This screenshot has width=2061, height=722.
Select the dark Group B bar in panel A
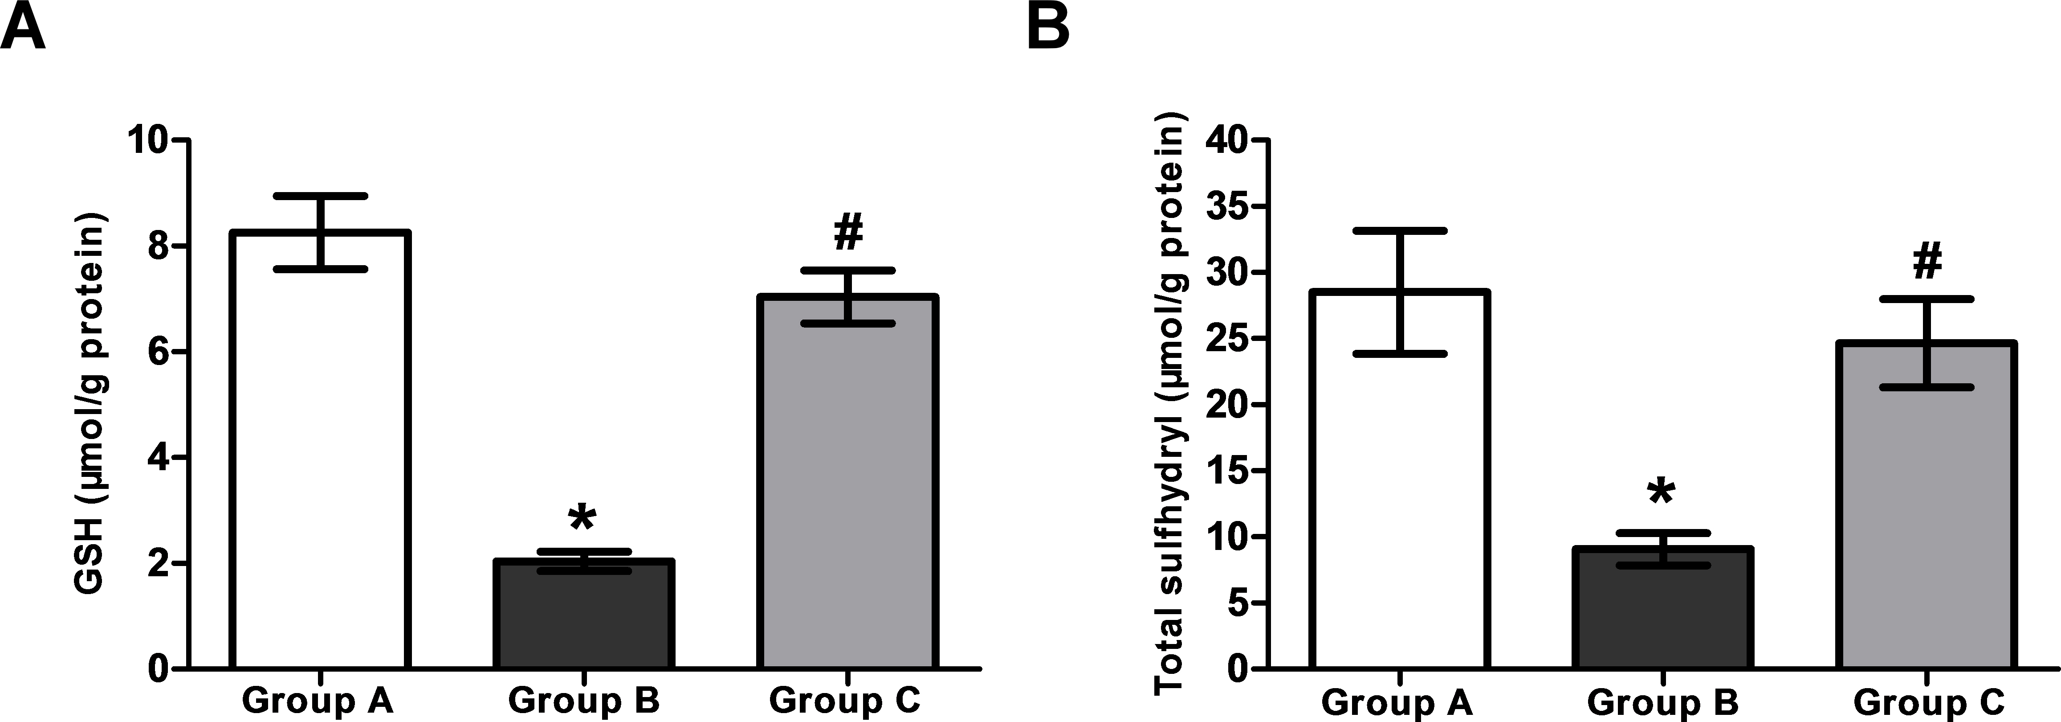[x=583, y=624]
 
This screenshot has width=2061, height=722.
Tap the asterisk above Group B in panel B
[x=1661, y=492]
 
